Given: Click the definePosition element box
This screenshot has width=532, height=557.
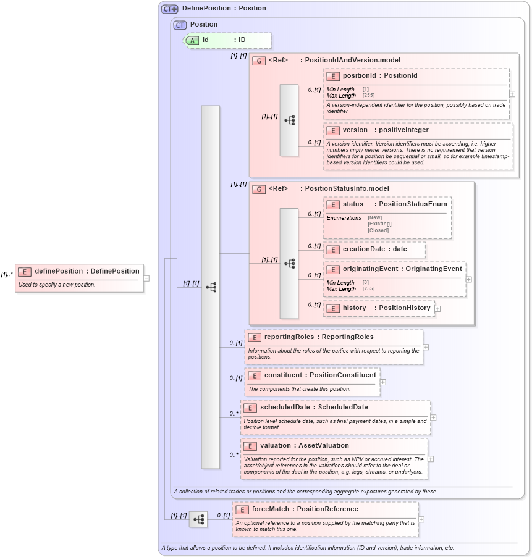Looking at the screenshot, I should point(79,277).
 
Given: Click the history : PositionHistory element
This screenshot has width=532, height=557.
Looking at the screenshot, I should point(379,308).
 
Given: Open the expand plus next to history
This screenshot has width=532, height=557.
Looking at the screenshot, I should point(437,309).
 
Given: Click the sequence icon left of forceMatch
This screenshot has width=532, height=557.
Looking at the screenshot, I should point(198,520).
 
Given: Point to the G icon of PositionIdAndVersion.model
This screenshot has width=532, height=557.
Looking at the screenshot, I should point(259,61).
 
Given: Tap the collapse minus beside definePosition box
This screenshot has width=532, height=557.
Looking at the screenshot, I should point(146,278).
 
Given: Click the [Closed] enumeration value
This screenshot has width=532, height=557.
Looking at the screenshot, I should point(378,230).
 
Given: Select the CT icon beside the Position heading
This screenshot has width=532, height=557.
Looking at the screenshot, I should point(180,25).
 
